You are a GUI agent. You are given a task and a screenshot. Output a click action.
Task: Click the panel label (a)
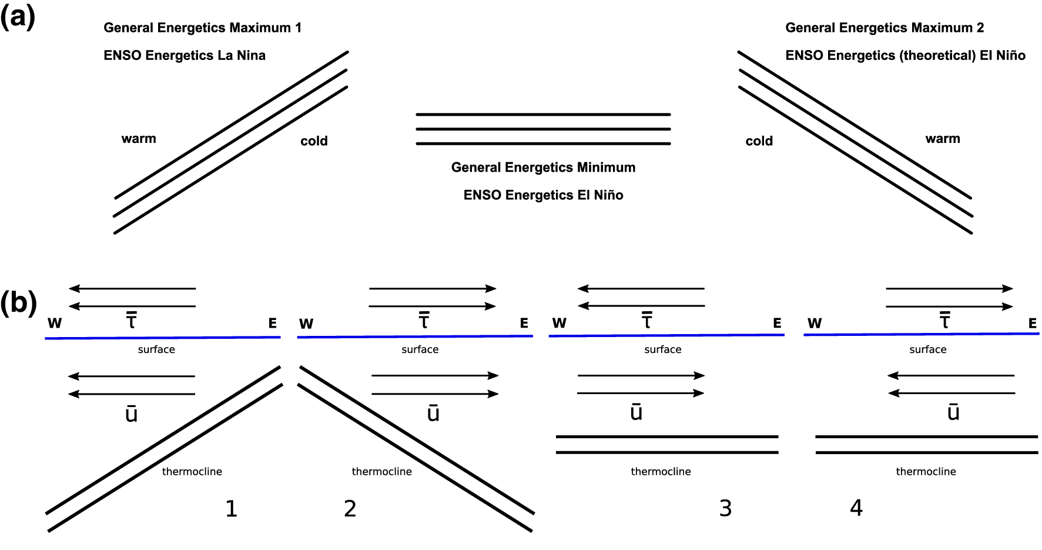(x=18, y=17)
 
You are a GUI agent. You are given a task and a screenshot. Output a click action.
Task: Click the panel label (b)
(x=18, y=303)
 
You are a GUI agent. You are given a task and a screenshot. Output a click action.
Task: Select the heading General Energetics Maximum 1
(x=202, y=28)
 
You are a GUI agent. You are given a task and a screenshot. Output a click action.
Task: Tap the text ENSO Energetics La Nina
(x=185, y=55)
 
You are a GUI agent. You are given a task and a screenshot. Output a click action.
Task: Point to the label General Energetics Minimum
(x=543, y=167)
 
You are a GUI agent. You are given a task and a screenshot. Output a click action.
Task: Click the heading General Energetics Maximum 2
(x=884, y=28)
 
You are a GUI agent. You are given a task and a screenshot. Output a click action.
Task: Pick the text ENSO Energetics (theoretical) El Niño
(x=905, y=55)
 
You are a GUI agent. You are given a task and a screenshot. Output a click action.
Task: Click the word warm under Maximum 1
(x=139, y=139)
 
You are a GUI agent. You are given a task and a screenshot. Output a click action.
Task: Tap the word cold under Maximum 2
(x=759, y=141)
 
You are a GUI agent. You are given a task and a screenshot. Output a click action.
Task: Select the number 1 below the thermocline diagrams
(x=232, y=509)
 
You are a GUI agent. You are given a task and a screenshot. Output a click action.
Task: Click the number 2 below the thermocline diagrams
(x=350, y=509)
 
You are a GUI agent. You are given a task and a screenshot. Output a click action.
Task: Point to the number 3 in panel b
(x=726, y=508)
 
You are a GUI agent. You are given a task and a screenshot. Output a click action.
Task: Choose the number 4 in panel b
(x=856, y=508)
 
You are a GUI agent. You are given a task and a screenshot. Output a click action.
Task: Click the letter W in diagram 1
(x=55, y=323)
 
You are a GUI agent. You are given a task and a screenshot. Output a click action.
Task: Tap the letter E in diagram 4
(x=1032, y=323)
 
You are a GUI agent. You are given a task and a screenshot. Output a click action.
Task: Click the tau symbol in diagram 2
(x=424, y=320)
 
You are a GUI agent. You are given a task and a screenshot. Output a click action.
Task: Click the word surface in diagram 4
(x=928, y=349)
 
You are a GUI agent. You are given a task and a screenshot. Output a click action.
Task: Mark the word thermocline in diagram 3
(x=661, y=471)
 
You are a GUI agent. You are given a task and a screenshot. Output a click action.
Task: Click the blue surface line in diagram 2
(x=415, y=336)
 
